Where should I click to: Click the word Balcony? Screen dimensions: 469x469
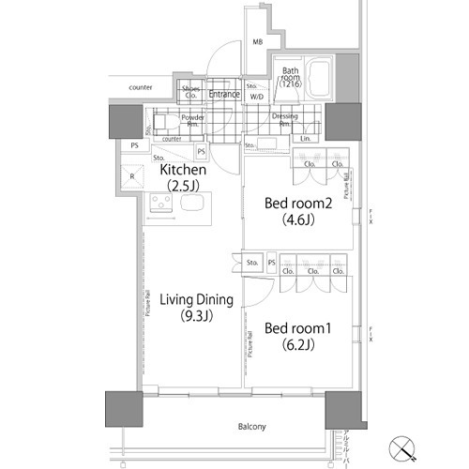point(251,427)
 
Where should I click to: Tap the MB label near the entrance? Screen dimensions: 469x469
point(257,41)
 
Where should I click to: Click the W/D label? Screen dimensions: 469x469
point(256,96)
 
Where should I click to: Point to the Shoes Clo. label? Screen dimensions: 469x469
point(191,92)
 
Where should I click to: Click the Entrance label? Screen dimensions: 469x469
point(224,94)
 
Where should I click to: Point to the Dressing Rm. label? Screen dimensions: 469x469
point(285,120)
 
